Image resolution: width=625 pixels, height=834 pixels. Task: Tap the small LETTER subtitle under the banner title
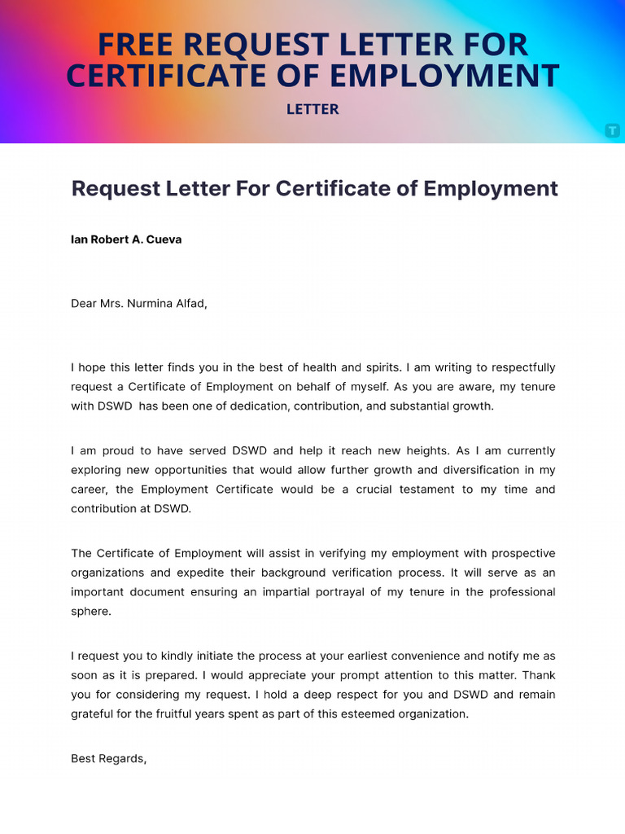pos(312,109)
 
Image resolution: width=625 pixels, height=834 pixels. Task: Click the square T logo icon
pos(612,130)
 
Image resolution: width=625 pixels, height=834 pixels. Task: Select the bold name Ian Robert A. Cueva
pos(126,240)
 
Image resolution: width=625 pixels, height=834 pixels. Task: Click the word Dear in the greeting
pos(84,304)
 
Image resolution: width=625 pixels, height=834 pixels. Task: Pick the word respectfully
pos(518,367)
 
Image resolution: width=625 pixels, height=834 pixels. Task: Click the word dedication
pos(249,406)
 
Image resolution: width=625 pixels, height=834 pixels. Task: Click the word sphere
pos(90,612)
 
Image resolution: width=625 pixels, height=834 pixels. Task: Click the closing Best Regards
pos(108,758)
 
